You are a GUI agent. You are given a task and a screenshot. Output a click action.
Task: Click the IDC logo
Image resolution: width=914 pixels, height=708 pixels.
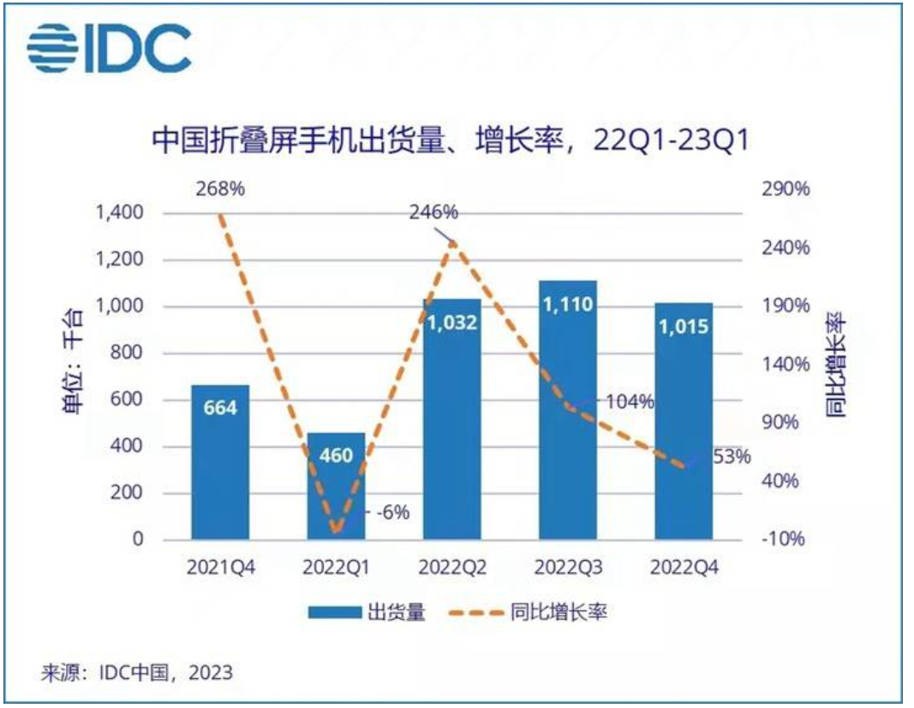tap(109, 50)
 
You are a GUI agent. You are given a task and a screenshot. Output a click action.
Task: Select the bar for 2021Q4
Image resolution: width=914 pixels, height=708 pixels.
tap(220, 462)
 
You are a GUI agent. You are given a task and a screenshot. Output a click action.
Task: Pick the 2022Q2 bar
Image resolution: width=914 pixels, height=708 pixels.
tap(452, 419)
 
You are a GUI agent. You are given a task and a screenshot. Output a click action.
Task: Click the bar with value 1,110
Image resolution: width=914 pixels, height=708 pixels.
tap(568, 411)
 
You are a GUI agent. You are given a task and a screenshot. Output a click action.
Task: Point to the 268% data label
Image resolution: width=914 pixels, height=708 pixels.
tap(221, 189)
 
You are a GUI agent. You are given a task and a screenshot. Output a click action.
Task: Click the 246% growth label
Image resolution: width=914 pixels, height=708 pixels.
tap(433, 212)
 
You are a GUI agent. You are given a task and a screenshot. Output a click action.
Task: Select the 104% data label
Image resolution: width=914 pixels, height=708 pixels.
tap(631, 402)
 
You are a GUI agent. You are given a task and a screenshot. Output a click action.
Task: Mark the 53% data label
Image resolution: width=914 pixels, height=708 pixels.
tap(732, 456)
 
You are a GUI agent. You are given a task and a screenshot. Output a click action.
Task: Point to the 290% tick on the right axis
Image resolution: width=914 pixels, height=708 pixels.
tap(786, 189)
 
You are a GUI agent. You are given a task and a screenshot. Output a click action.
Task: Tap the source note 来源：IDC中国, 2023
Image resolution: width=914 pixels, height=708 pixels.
tap(137, 672)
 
